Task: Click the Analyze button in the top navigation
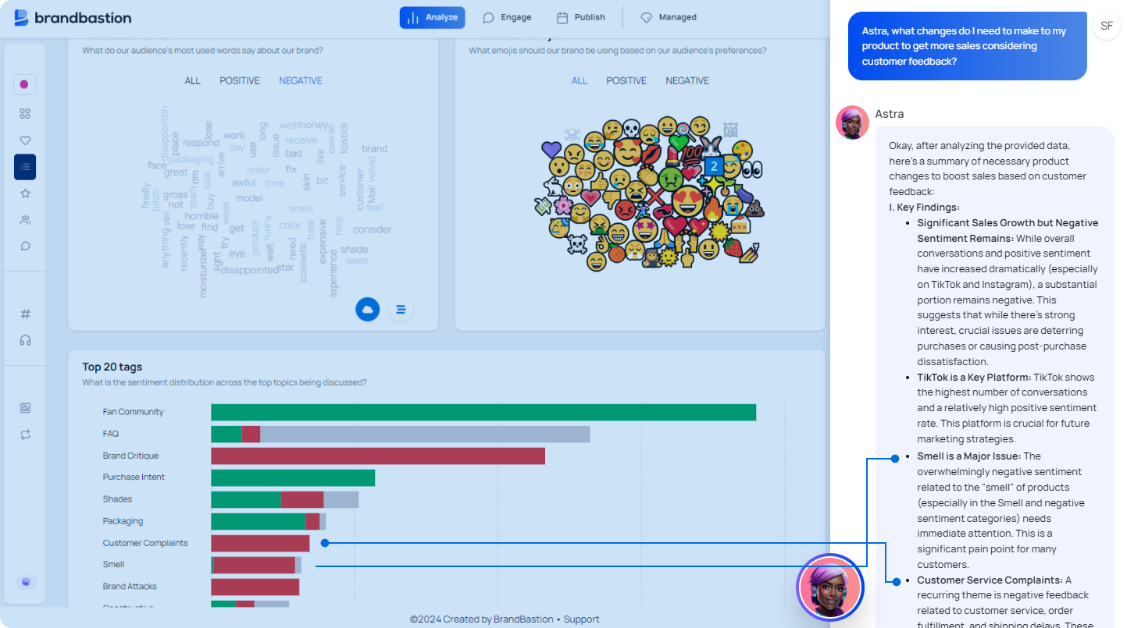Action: pyautogui.click(x=432, y=17)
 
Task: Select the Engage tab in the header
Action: pyautogui.click(x=507, y=17)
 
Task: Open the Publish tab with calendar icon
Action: pyautogui.click(x=580, y=17)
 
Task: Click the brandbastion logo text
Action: pyautogui.click(x=83, y=18)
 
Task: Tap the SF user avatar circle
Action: pyautogui.click(x=1107, y=26)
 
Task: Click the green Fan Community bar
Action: pyautogui.click(x=483, y=412)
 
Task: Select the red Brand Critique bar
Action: pyautogui.click(x=377, y=456)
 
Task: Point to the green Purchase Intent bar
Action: pyautogui.click(x=293, y=477)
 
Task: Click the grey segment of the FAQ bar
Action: pyautogui.click(x=425, y=434)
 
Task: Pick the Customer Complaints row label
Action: pyautogui.click(x=145, y=543)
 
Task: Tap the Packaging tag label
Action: pyautogui.click(x=123, y=521)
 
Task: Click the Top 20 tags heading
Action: pyautogui.click(x=112, y=367)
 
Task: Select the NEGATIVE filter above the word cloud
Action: pyautogui.click(x=301, y=80)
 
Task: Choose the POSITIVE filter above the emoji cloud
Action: pyautogui.click(x=626, y=80)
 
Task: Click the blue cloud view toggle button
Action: pyautogui.click(x=368, y=310)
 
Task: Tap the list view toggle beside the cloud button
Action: pyautogui.click(x=401, y=310)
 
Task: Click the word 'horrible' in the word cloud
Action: pyautogui.click(x=202, y=216)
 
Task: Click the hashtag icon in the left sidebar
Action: pyautogui.click(x=25, y=314)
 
